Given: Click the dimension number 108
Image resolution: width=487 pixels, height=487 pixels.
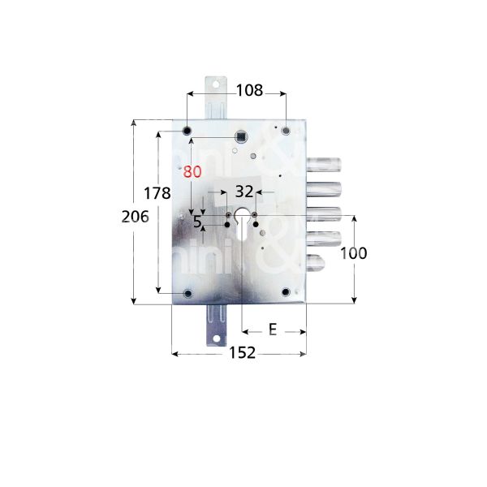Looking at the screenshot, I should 249,91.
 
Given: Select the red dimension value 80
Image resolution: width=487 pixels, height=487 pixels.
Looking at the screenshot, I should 192,172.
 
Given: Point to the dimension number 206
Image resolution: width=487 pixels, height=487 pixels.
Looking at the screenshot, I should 135,216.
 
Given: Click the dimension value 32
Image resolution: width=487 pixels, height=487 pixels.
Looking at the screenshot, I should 243,192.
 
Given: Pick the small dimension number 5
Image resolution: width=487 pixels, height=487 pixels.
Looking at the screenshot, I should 196,221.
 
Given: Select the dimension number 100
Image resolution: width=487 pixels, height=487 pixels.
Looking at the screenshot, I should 353,253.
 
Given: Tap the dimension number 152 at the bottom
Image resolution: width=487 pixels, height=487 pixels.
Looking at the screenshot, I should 241,352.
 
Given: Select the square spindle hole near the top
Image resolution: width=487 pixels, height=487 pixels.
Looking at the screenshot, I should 241,136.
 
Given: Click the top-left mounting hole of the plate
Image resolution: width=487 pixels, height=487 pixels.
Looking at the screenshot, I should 187,130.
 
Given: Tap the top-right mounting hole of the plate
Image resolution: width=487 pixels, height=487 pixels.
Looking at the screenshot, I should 286,130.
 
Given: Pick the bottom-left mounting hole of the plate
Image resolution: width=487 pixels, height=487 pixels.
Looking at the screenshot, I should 187,292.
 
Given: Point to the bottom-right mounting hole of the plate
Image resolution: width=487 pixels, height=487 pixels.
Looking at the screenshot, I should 286,292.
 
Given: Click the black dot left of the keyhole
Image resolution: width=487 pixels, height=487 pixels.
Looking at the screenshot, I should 226,224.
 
